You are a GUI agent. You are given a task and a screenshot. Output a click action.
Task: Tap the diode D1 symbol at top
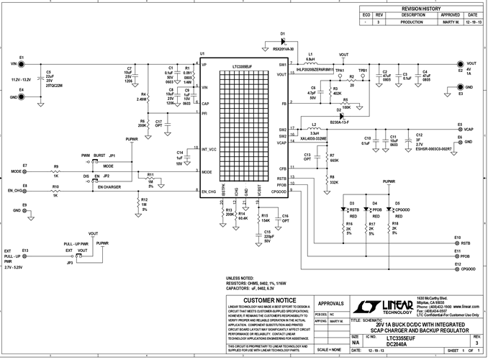[283, 42]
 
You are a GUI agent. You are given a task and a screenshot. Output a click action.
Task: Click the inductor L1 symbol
[311, 60]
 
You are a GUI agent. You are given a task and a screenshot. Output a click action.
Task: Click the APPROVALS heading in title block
[330, 304]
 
